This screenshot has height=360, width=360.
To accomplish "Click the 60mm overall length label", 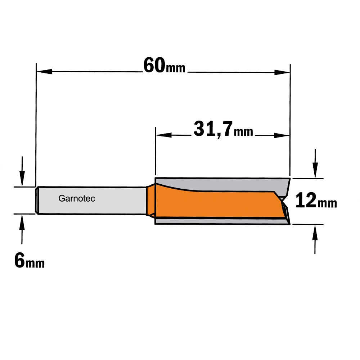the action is click(x=164, y=66).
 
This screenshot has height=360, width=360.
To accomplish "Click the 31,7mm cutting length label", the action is click(x=223, y=130).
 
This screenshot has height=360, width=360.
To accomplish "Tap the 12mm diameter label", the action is click(x=316, y=201).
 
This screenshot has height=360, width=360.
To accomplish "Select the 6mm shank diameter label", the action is click(x=30, y=260).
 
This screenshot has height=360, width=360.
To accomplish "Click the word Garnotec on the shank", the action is click(x=77, y=198).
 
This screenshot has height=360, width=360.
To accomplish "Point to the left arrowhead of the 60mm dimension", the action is click(x=45, y=71).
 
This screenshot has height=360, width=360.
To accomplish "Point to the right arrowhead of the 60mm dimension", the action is click(x=282, y=72).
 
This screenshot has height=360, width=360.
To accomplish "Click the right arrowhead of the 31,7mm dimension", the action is click(x=282, y=135).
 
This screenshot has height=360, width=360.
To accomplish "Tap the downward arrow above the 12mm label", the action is click(x=315, y=163).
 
